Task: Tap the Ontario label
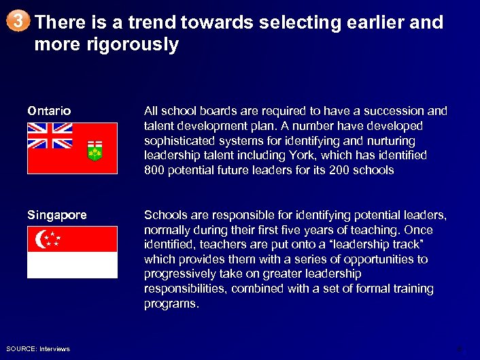pos(49,110)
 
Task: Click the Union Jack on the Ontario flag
pos(50,135)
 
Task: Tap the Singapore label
pos(57,215)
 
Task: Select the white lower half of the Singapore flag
pos(72,265)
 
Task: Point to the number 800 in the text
pos(154,170)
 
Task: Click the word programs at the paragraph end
pos(171,304)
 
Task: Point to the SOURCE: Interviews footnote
pos(39,349)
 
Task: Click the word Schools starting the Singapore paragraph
pos(163,215)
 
